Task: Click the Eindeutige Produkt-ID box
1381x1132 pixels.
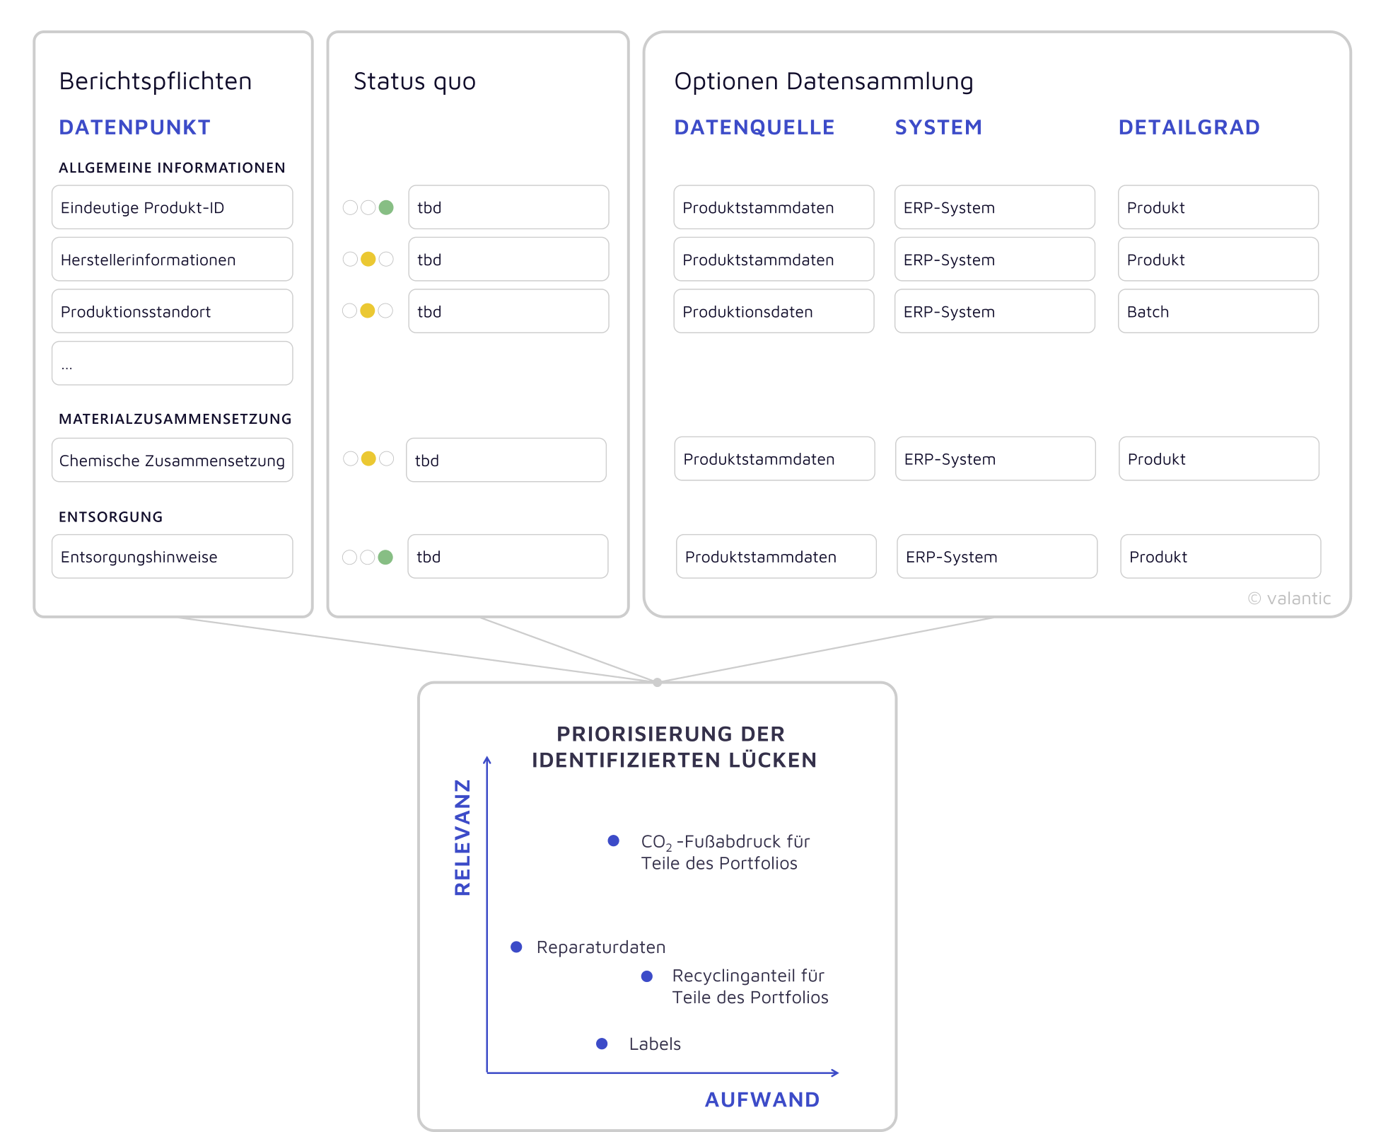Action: tap(172, 207)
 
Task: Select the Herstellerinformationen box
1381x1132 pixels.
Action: tap(172, 260)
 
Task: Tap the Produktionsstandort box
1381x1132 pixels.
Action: tap(172, 311)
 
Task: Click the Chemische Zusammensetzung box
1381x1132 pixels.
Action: tap(172, 461)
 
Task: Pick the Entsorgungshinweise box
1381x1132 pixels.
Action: tap(172, 557)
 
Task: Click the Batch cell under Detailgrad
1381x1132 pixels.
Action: tap(1218, 311)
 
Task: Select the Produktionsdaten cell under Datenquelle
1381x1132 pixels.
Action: tap(774, 311)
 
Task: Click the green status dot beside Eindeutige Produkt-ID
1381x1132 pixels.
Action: tap(386, 207)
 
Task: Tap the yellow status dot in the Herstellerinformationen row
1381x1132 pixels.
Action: tap(368, 259)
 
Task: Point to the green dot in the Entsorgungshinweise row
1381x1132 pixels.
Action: tap(385, 558)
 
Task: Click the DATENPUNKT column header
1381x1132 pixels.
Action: tap(135, 127)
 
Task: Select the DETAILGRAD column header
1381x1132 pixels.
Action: tap(1189, 127)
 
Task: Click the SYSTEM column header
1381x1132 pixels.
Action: tap(938, 127)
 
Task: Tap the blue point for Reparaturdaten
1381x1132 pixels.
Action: tap(517, 947)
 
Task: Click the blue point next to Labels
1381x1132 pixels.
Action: tap(602, 1044)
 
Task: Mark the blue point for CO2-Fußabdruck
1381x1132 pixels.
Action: tap(614, 841)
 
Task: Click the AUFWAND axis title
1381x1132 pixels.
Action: tap(762, 1099)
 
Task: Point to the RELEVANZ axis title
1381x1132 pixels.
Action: tap(462, 838)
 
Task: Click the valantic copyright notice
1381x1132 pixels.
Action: tap(1289, 599)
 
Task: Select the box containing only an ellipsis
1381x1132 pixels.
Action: tap(172, 364)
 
